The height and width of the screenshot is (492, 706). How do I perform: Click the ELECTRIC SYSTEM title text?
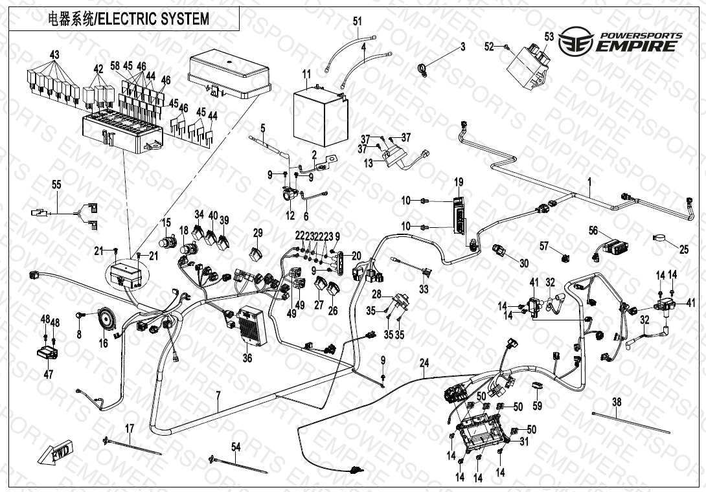point(129,19)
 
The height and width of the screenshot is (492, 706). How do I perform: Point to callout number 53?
point(549,37)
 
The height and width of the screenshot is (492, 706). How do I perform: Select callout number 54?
point(236,447)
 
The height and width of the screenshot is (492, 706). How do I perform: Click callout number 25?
point(683,249)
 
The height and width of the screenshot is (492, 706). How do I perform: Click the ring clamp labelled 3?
point(422,67)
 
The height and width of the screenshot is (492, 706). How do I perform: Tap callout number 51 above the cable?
point(357,21)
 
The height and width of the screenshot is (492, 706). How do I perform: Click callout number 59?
point(537,406)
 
